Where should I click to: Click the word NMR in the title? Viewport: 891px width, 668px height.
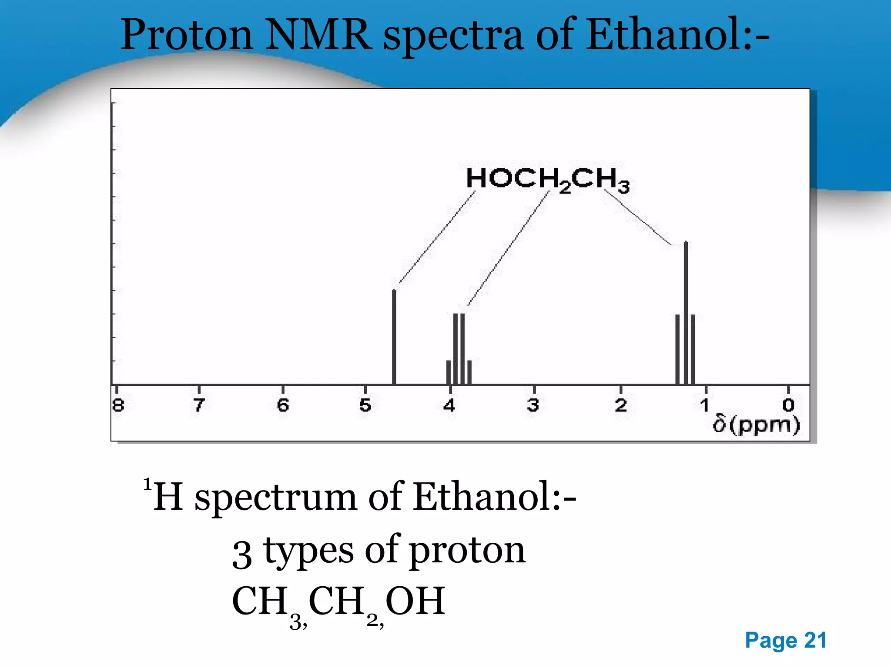(318, 35)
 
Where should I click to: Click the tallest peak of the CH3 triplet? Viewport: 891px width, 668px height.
(686, 313)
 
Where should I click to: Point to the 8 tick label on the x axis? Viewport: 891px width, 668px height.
(118, 405)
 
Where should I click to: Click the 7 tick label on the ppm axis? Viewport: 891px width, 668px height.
(199, 405)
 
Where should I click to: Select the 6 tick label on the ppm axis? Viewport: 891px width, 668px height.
(283, 405)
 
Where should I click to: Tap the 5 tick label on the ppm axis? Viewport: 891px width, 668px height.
(365, 405)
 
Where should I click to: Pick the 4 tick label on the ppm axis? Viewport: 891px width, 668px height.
(449, 405)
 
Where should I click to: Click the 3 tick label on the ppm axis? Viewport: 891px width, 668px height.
(533, 405)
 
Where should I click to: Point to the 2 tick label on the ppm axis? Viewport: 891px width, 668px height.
(621, 405)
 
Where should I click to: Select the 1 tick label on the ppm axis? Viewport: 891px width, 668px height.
(704, 405)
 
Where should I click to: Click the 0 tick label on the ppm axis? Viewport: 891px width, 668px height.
(788, 405)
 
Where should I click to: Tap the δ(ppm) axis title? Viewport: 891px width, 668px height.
(756, 425)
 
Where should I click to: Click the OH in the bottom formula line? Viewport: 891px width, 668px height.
(415, 601)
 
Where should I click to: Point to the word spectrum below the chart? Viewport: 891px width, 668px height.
(275, 497)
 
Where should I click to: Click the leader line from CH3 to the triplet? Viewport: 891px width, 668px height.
(637, 217)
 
